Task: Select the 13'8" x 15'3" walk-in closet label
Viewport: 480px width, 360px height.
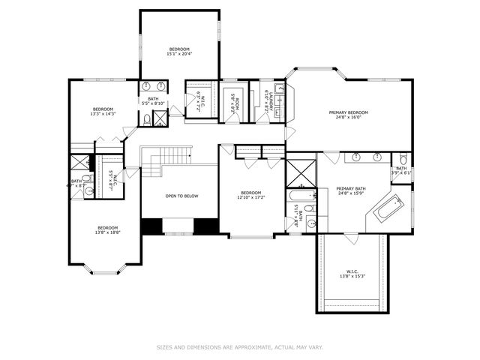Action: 353,274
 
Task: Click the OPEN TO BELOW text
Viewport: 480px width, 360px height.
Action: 181,196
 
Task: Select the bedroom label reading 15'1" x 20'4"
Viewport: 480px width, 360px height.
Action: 178,51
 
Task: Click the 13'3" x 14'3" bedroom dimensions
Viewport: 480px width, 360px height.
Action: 103,115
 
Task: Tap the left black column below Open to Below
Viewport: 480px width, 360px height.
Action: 152,226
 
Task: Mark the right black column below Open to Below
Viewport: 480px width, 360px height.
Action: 204,226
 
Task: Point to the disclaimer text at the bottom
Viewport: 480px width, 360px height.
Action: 239,347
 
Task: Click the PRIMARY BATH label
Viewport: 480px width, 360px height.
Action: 350,191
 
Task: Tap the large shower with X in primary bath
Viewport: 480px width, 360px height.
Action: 301,173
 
